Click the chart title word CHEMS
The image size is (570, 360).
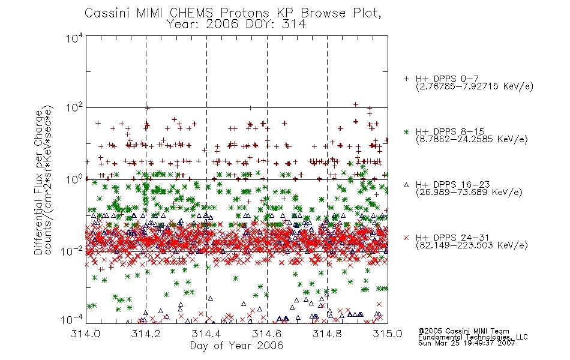click(191, 13)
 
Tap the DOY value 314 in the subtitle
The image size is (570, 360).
click(293, 25)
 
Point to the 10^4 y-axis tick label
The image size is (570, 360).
click(75, 38)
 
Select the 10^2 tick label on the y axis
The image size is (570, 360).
click(75, 108)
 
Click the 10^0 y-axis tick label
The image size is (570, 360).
click(75, 179)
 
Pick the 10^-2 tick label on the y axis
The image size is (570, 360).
click(73, 251)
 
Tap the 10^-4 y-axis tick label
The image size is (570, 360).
click(73, 320)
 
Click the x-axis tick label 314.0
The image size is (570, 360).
click(86, 334)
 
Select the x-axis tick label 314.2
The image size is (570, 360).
click(146, 334)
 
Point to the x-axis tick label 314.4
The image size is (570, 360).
click(206, 334)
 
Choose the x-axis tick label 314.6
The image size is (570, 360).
click(267, 334)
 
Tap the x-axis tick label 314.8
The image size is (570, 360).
click(327, 334)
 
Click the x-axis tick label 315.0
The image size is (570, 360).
click(388, 334)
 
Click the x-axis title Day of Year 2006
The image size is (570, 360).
click(236, 346)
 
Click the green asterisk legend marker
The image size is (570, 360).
click(406, 132)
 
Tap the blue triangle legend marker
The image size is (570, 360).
click(406, 185)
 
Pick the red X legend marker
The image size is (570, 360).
click(406, 238)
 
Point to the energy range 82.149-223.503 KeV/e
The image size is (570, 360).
click(472, 245)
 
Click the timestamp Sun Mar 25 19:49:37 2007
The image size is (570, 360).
click(467, 343)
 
